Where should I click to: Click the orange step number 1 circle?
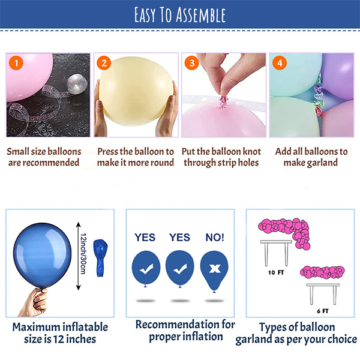pos(16,62)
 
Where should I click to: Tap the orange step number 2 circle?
pos(104,62)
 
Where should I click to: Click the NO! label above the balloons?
pos(215,237)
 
